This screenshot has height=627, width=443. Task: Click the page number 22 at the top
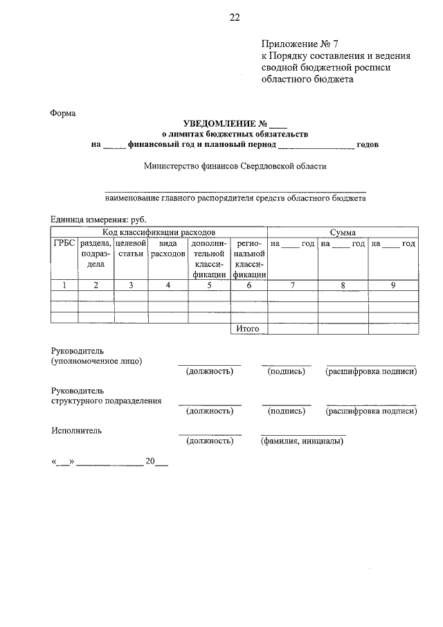pyautogui.click(x=234, y=18)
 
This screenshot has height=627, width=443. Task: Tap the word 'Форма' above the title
pyautogui.click(x=63, y=113)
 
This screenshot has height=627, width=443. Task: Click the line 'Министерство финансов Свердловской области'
pyautogui.click(x=235, y=166)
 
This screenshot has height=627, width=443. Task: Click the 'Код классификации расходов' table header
pyautogui.click(x=159, y=231)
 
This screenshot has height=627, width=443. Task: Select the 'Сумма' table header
pyautogui.click(x=343, y=231)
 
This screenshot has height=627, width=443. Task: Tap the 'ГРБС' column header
pyautogui.click(x=64, y=243)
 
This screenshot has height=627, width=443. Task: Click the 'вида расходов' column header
pyautogui.click(x=167, y=249)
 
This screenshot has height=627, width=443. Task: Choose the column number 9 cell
pyautogui.click(x=393, y=285)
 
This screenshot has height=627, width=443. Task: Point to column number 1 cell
pyautogui.click(x=64, y=285)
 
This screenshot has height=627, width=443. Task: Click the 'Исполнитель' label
pyautogui.click(x=76, y=430)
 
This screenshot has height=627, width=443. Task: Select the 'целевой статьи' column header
pyautogui.click(x=129, y=249)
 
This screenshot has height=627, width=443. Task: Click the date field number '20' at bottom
pyautogui.click(x=150, y=461)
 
